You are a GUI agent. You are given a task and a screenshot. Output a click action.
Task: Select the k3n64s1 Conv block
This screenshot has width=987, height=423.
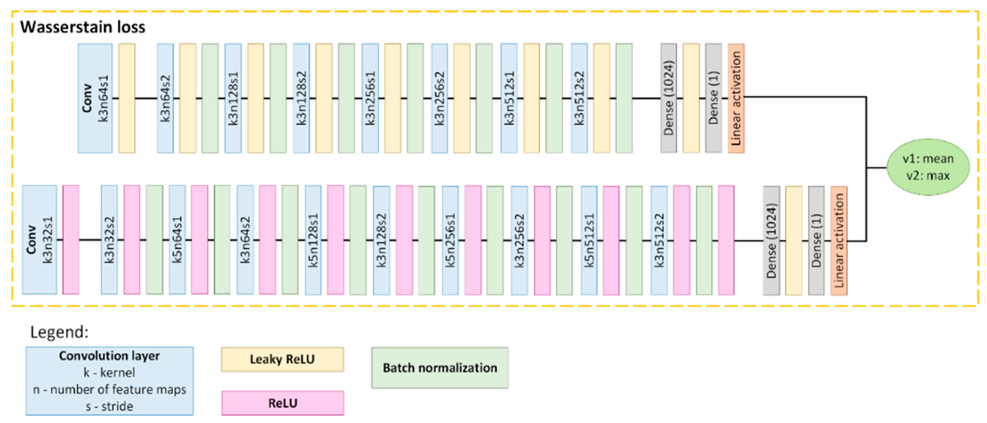pos(95,98)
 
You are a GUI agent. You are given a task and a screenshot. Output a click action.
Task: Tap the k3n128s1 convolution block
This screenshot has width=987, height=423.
pos(233,98)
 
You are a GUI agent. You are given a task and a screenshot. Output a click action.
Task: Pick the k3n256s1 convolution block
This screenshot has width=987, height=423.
pos(370,98)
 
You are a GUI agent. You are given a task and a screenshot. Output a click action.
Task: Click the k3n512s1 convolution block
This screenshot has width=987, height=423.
pos(509,98)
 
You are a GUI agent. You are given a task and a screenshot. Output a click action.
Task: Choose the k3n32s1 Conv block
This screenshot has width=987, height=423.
pos(39,240)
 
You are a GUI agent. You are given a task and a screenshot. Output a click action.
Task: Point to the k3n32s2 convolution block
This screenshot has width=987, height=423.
pos(109,240)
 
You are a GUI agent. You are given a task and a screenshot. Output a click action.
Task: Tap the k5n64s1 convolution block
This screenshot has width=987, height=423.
pos(177,240)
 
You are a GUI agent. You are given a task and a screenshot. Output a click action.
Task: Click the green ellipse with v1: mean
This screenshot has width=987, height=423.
pos(928,167)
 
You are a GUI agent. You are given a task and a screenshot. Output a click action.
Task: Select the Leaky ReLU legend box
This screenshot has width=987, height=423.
pos(282,359)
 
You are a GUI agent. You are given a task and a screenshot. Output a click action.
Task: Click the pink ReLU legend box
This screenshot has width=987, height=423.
pos(283,403)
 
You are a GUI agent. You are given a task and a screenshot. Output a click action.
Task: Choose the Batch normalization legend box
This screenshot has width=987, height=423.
pos(440,368)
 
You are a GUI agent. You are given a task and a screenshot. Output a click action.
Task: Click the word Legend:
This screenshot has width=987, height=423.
pos(59,332)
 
